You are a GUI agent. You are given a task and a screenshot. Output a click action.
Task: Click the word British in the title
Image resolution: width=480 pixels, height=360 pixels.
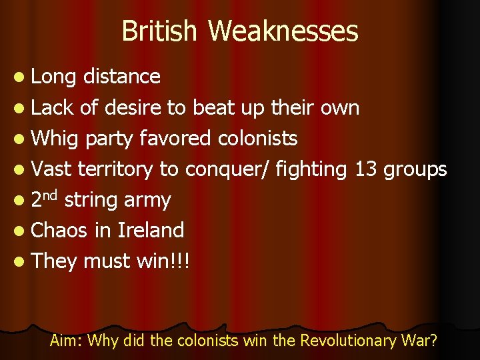click(161, 31)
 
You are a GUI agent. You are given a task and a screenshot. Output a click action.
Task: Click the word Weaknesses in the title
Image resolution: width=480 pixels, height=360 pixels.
click(283, 31)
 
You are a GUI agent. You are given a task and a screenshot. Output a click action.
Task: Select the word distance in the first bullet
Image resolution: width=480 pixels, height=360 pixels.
click(122, 77)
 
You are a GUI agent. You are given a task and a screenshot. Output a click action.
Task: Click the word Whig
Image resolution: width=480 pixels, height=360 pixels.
click(54, 139)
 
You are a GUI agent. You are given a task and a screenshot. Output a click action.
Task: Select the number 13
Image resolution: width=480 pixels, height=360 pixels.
click(366, 169)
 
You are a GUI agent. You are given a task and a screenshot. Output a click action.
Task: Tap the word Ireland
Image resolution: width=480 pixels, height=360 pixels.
click(150, 230)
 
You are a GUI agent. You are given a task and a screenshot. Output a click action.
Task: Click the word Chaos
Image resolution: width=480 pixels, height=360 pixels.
click(59, 230)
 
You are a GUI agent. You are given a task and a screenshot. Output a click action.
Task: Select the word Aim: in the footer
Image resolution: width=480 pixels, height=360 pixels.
click(67, 341)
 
